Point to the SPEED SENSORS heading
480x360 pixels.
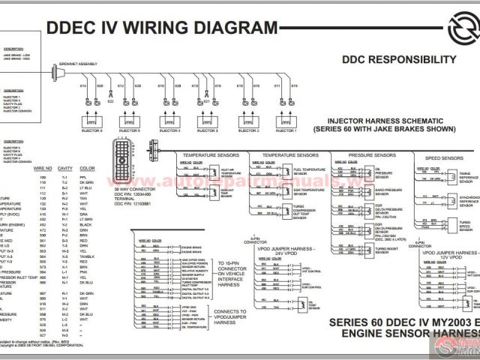pos(444,158)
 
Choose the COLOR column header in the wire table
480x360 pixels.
pos(87,168)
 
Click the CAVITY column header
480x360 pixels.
pos(64,168)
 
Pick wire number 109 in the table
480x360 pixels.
pos(43,177)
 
